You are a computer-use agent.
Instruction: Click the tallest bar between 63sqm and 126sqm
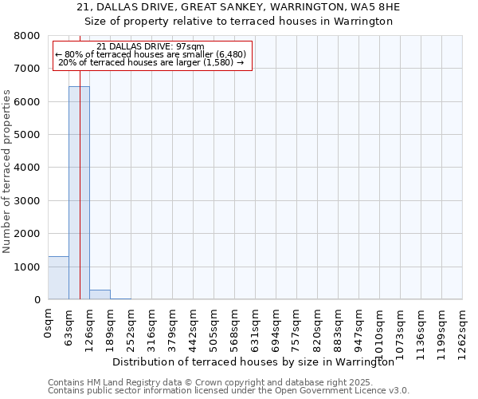click(79, 192)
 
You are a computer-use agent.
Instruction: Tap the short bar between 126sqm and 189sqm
click(100, 294)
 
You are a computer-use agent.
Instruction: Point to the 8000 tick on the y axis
click(28, 36)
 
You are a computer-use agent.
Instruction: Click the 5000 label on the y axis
click(28, 135)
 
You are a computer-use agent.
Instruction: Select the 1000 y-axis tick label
click(28, 267)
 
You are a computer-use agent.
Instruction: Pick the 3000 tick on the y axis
click(28, 201)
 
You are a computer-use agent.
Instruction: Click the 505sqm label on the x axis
click(214, 324)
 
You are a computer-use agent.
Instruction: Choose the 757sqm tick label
click(296, 324)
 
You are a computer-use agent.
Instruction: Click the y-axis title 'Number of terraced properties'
click(7, 172)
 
